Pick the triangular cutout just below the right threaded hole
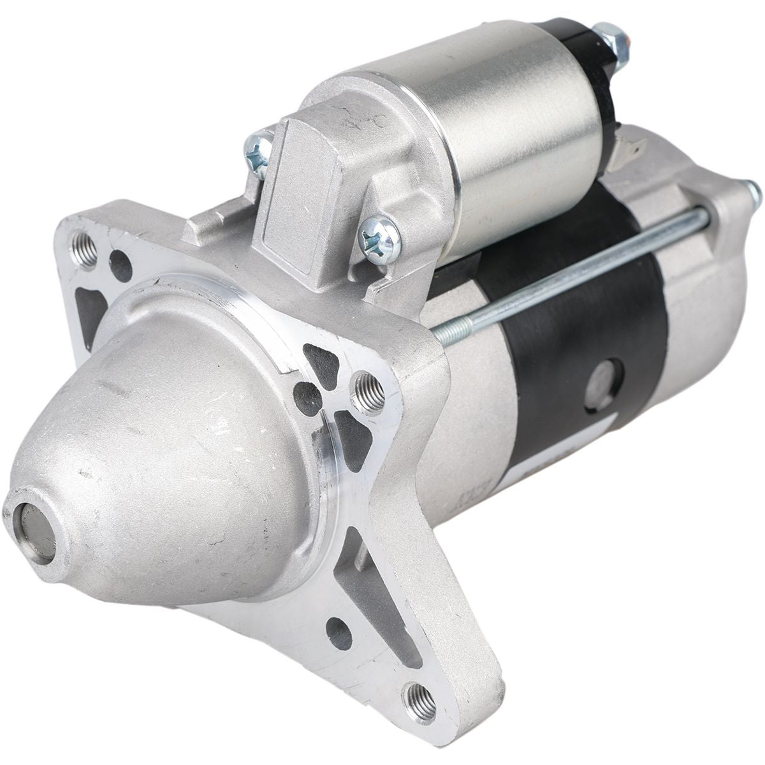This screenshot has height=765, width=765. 353,432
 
